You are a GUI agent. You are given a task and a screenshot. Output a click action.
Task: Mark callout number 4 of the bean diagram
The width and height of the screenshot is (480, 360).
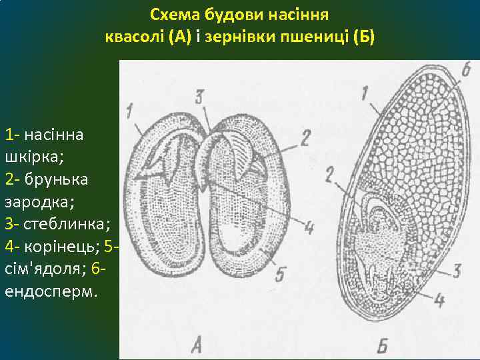point(308,227)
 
